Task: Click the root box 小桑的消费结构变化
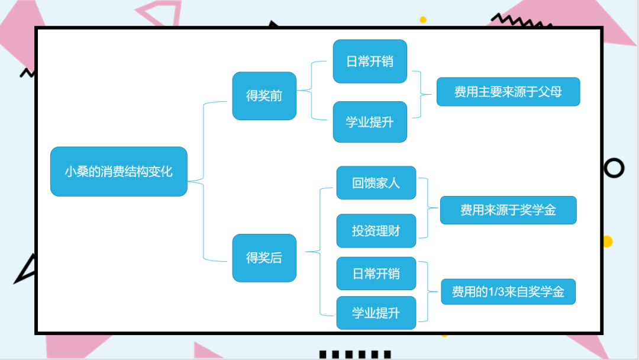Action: coord(119,172)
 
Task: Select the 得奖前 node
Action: coord(264,96)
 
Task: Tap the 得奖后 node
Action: coord(264,258)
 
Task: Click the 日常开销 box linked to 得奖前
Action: coord(370,62)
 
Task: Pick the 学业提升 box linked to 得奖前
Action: coord(370,122)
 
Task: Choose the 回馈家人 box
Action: coord(376,183)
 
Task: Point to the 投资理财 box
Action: coord(376,231)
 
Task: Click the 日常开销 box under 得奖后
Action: coord(376,274)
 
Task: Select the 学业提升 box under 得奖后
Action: coord(376,313)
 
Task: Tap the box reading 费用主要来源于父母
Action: coord(508,92)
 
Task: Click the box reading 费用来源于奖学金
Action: coord(508,210)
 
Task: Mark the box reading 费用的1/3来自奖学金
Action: coord(508,292)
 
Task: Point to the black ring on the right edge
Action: coord(614,168)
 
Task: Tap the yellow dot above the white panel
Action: coord(423,20)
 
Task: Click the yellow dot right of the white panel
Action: coord(607,242)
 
